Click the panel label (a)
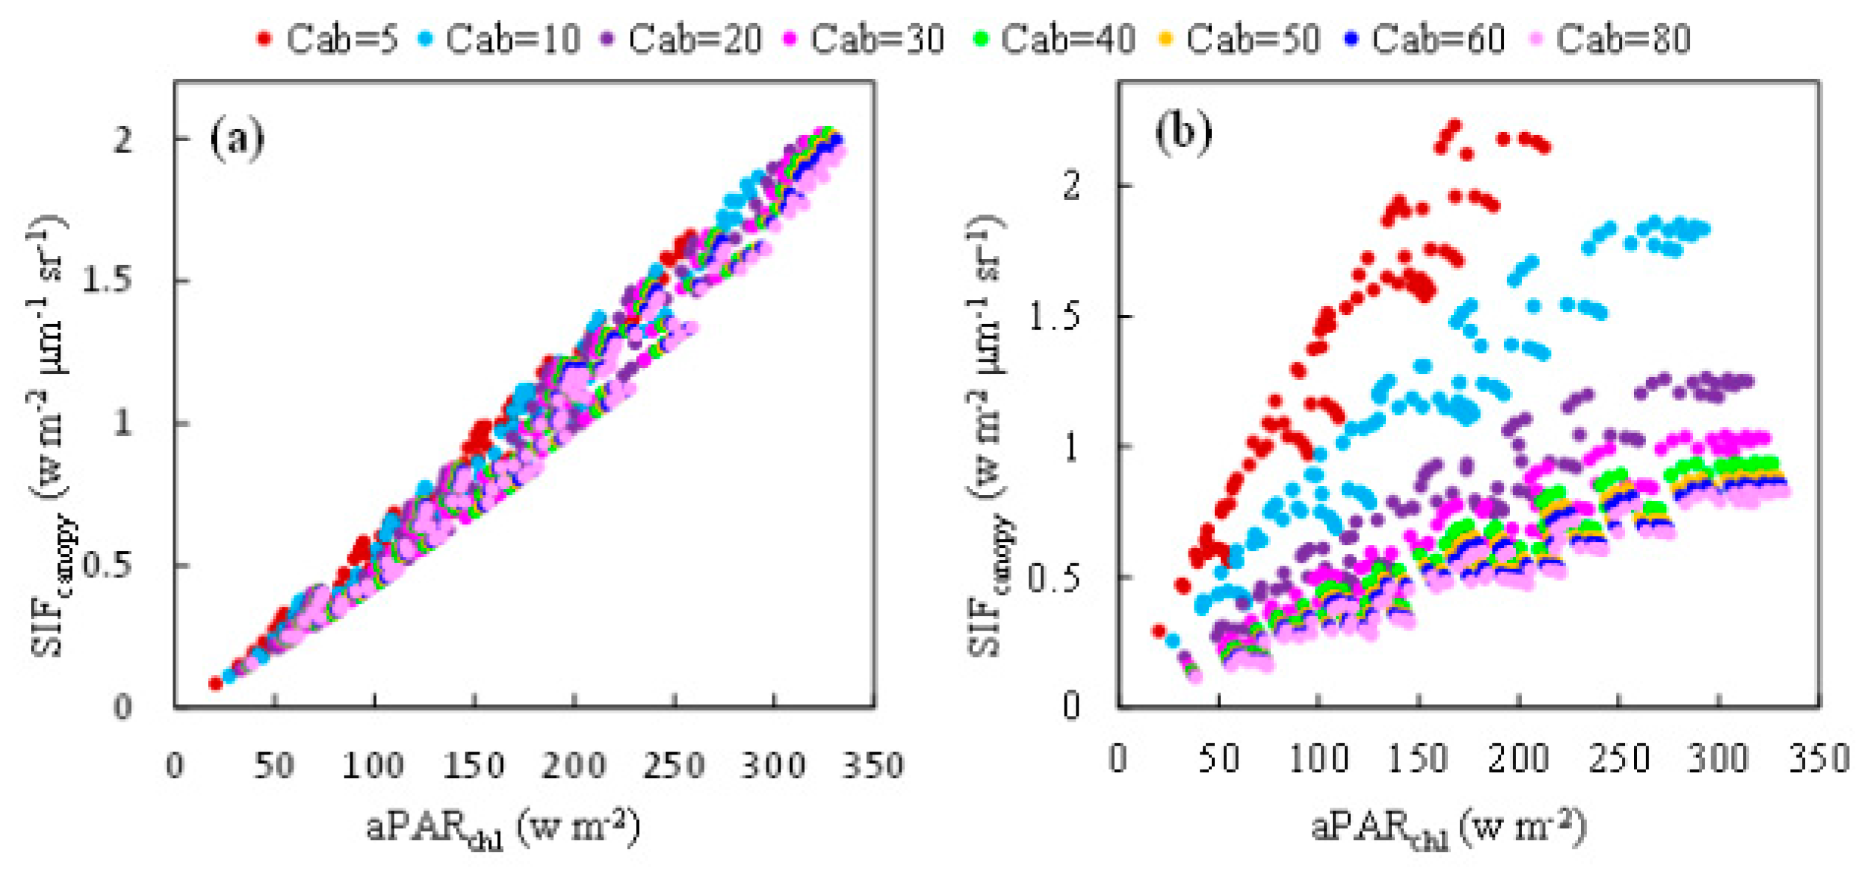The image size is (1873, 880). (237, 138)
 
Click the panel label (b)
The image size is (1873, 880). (1183, 133)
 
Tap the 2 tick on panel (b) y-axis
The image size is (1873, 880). (1071, 184)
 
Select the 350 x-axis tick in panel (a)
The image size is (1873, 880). (873, 765)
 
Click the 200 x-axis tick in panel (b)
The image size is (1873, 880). (1518, 759)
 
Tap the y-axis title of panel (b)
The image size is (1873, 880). (987, 435)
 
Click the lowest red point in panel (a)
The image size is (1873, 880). (215, 683)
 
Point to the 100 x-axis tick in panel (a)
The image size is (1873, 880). (373, 765)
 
